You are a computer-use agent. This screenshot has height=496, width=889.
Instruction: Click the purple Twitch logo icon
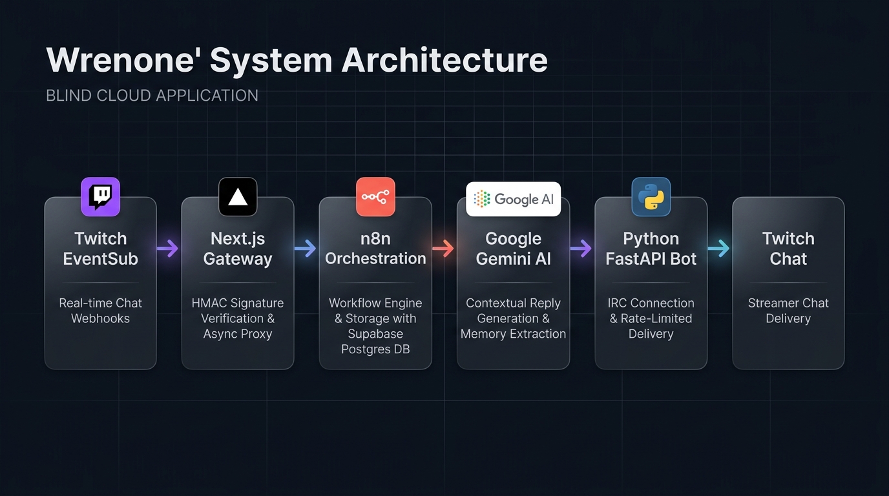click(x=100, y=197)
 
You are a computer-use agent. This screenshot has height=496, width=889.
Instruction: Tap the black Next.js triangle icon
click(x=238, y=197)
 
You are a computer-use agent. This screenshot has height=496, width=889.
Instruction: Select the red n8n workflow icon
click(x=375, y=197)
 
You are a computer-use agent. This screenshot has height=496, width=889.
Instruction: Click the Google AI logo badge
click(x=513, y=199)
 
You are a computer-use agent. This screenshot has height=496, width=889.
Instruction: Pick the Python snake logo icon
click(x=651, y=197)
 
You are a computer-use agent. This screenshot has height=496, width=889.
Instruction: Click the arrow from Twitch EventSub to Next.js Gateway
click(x=167, y=249)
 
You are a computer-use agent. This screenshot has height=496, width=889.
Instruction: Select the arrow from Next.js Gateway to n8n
click(x=305, y=249)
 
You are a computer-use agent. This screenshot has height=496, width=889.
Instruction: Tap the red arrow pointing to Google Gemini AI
click(x=443, y=249)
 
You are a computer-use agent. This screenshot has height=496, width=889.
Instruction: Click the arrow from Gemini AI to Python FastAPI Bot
click(x=581, y=249)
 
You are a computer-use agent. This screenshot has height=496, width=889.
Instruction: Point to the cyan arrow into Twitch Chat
click(x=718, y=249)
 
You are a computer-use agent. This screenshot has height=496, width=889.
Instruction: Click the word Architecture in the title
click(x=444, y=60)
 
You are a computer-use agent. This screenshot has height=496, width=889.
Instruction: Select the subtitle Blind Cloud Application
click(x=152, y=96)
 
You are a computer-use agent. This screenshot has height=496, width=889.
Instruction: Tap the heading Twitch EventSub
click(x=100, y=249)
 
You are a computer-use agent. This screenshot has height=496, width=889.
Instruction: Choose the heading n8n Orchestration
click(x=375, y=249)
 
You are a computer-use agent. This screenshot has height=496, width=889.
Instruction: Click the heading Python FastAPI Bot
click(x=651, y=249)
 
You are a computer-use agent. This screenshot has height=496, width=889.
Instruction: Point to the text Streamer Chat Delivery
click(x=788, y=311)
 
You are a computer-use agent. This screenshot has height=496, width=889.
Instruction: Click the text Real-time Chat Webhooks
click(x=100, y=311)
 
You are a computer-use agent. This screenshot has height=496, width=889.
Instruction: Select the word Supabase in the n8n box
click(x=375, y=334)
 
